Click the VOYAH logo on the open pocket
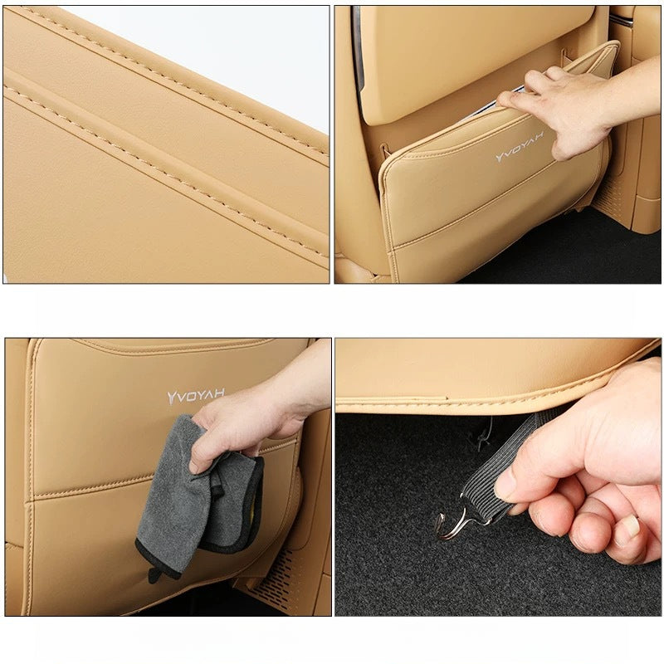520,147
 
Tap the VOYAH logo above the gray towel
196,396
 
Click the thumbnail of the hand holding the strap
632,526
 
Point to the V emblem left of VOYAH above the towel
172,398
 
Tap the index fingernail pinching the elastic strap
504,487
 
